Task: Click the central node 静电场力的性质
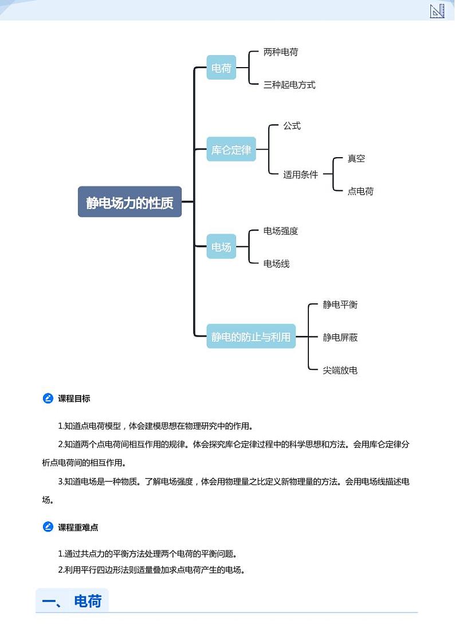[130, 202]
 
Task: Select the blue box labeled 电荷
[221, 68]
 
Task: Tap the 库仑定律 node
[231, 150]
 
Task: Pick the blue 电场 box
[221, 247]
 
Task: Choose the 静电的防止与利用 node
[251, 337]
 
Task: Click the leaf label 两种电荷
[281, 52]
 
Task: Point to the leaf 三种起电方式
[289, 85]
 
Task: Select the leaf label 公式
[292, 126]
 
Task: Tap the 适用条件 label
[300, 174]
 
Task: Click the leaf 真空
[356, 158]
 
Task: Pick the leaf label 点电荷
[360, 191]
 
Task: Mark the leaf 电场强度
[281, 231]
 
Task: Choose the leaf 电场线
[276, 264]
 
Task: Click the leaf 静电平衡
[340, 305]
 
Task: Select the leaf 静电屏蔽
[340, 337]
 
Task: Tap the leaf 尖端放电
[340, 370]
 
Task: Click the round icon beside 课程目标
[48, 399]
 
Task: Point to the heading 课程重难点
[78, 527]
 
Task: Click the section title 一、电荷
[72, 601]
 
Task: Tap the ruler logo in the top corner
[437, 10]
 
